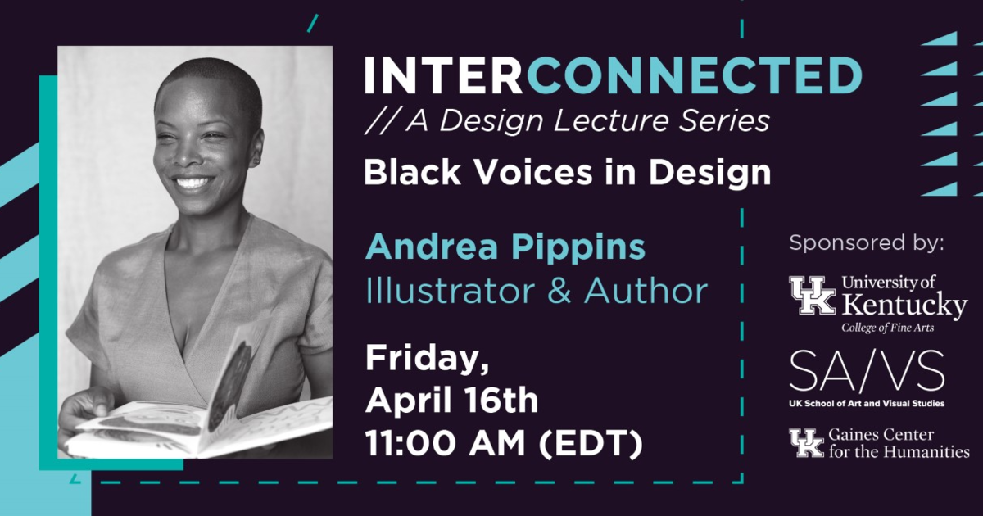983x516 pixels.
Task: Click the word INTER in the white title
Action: [x=443, y=75]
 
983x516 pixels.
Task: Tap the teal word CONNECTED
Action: [x=691, y=75]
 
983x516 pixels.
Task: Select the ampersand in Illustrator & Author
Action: [x=559, y=291]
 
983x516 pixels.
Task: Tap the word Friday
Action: [x=427, y=360]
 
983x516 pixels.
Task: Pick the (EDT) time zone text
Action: [x=591, y=444]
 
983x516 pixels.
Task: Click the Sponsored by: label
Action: [x=867, y=242]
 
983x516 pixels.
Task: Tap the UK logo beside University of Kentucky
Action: [x=813, y=295]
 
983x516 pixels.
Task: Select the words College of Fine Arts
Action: [x=887, y=328]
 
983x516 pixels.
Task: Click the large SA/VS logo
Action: [x=867, y=371]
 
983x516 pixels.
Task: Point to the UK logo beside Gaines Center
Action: [x=807, y=443]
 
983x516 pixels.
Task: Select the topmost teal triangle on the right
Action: [x=941, y=38]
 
